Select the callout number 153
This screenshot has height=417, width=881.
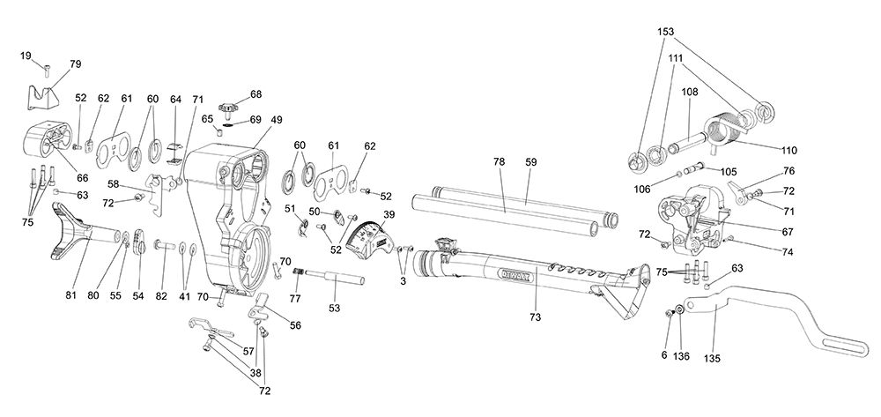[665, 32]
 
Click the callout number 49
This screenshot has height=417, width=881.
[276, 120]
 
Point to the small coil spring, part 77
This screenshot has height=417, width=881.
[299, 273]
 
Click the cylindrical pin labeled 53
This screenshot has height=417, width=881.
[335, 278]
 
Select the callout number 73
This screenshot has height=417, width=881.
[535, 317]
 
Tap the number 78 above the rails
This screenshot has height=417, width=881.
[499, 162]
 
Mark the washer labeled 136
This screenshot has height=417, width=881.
[680, 309]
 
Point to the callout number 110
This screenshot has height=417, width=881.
[788, 151]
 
